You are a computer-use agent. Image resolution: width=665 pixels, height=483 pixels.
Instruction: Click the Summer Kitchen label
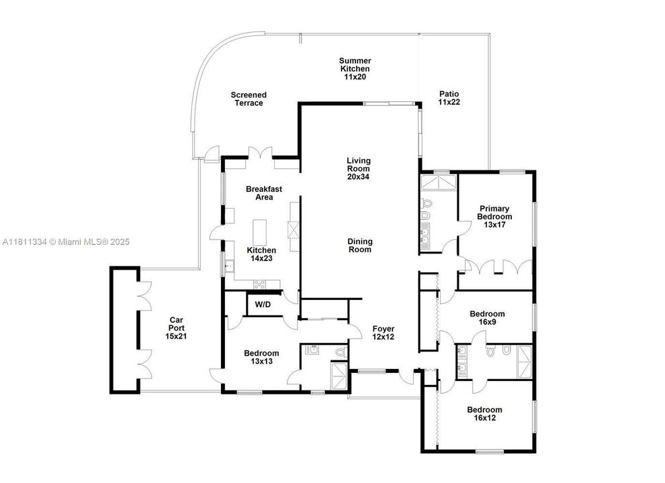pos(355,69)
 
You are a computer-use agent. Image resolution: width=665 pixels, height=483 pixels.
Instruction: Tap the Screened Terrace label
pos(249,99)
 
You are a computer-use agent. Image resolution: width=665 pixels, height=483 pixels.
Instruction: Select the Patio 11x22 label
pos(449,99)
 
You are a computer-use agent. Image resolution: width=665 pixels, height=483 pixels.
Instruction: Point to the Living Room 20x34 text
pos(358,168)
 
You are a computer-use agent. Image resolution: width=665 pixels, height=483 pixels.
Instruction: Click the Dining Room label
pos(359,246)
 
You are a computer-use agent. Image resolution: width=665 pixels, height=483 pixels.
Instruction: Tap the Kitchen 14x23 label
pos(261,254)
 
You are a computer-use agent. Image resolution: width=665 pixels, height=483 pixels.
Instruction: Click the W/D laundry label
pos(263,305)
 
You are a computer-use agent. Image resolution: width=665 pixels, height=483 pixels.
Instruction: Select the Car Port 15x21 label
pos(176,328)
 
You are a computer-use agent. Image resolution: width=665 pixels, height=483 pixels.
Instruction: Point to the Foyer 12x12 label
pos(384,333)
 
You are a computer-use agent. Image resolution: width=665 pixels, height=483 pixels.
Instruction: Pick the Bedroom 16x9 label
pos(487,318)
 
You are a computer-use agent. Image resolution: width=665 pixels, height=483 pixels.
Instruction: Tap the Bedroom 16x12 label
pos(485,414)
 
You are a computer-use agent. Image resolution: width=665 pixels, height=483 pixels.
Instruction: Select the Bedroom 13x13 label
pos(261,358)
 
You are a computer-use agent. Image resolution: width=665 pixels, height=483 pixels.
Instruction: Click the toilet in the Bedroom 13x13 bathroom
pos(339,351)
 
